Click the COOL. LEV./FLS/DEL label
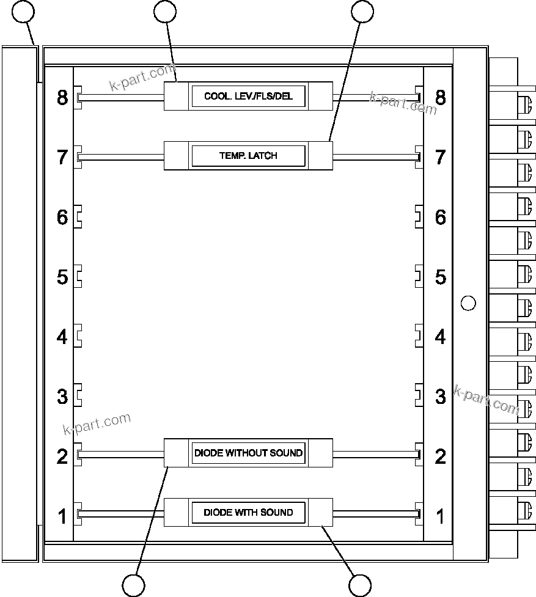(248, 97)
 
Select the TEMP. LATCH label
(248, 156)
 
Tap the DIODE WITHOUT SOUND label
(248, 453)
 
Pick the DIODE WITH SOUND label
(248, 512)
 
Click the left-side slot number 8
(62, 97)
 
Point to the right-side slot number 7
(440, 157)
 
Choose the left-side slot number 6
(62, 217)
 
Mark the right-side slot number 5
(440, 277)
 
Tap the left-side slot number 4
(62, 337)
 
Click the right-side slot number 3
(440, 397)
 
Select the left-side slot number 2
(62, 456)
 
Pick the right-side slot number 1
(440, 516)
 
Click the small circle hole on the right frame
(468, 302)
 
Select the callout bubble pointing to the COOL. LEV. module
(165, 11)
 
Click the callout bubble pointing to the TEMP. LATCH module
(362, 11)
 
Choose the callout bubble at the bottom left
(134, 585)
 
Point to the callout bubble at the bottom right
(360, 585)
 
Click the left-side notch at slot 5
(79, 277)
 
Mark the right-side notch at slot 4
(419, 337)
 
